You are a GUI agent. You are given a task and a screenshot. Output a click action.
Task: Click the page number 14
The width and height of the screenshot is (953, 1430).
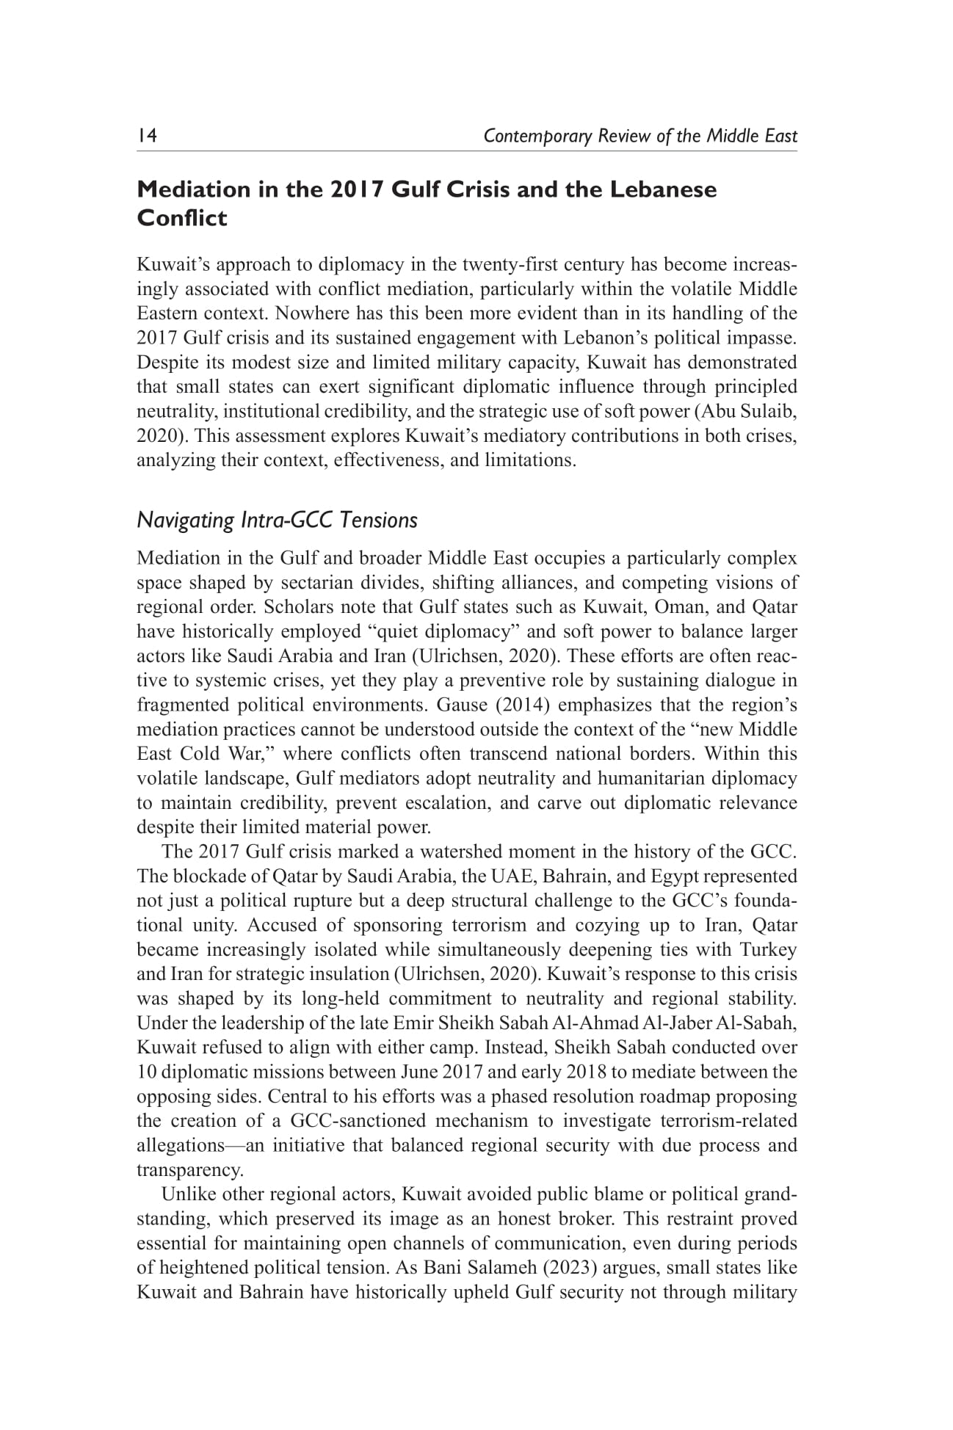point(148,136)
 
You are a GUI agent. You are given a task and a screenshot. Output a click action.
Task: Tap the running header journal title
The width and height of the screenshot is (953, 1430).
point(640,136)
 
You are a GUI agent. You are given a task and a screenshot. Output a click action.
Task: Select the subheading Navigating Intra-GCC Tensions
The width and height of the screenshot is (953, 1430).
point(277,520)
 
